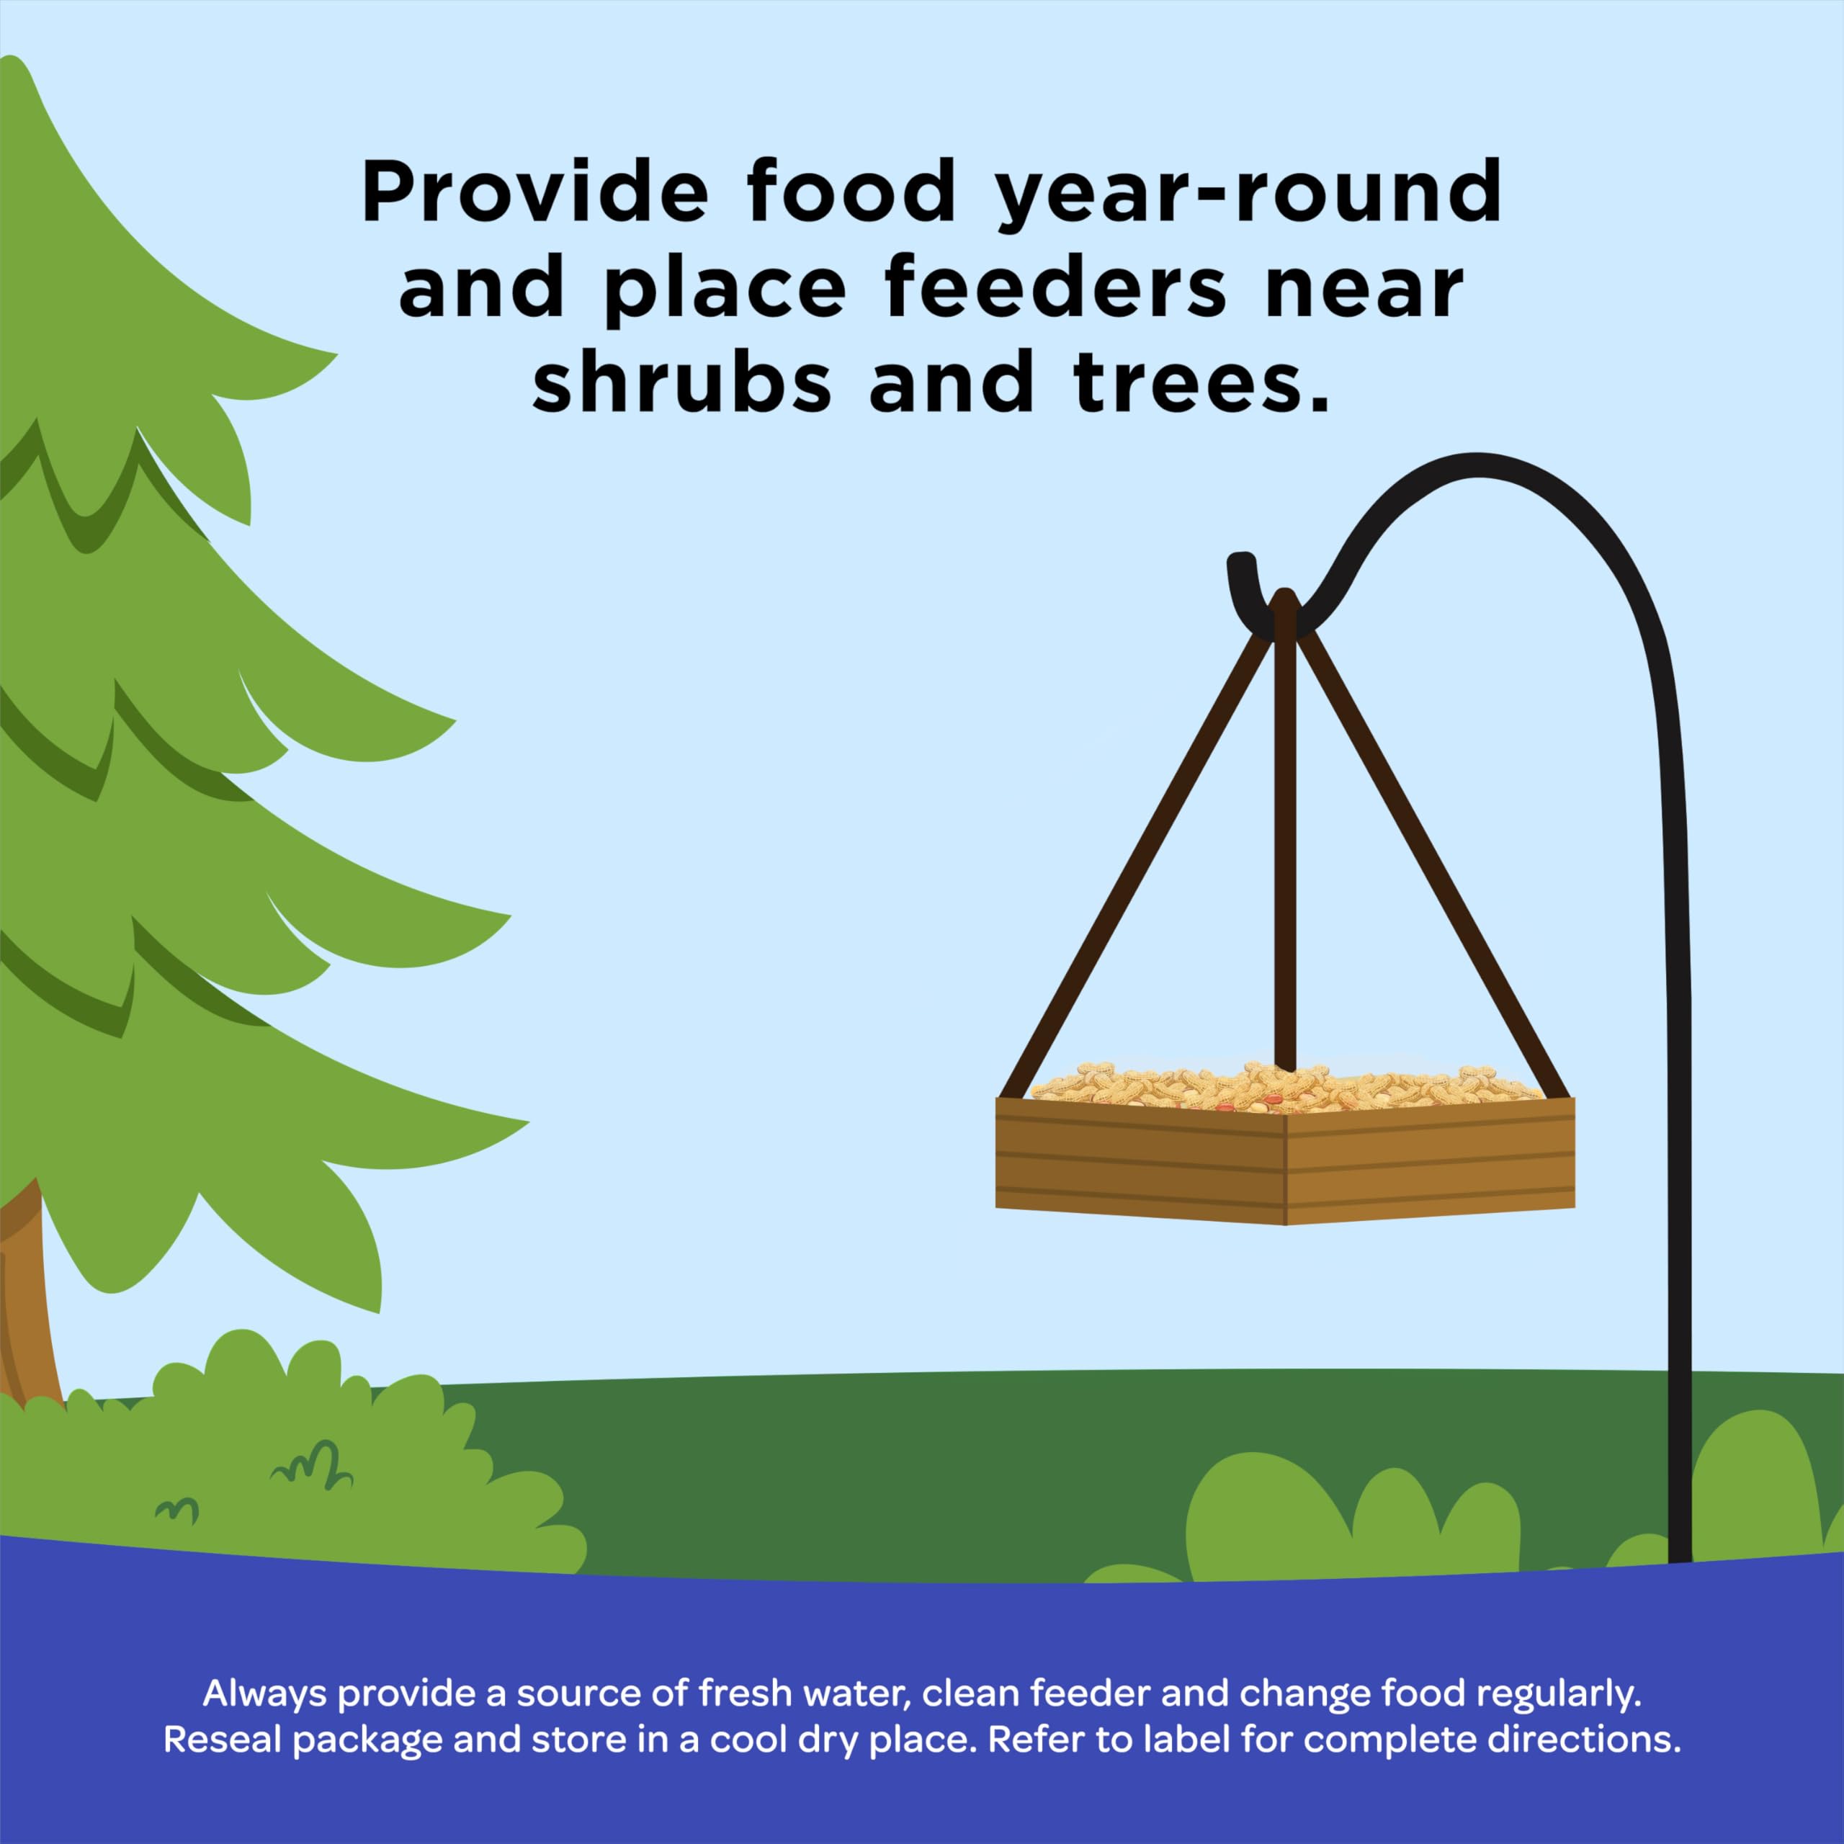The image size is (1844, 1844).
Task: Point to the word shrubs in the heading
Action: (x=681, y=379)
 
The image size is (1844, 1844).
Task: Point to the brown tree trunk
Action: (x=27, y=1298)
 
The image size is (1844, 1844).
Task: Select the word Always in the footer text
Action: (x=264, y=1694)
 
